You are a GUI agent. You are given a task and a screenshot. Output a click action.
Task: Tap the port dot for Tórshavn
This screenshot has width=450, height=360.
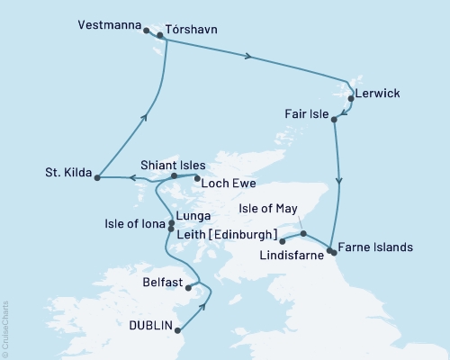161,36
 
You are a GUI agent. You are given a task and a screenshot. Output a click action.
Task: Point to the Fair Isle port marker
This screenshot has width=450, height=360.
334,118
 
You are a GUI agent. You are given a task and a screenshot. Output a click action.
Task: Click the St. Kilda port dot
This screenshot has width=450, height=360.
96,176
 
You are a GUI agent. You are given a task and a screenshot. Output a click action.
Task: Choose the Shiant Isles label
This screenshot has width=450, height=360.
174,166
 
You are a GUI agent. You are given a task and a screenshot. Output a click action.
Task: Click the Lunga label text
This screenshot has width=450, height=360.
195,217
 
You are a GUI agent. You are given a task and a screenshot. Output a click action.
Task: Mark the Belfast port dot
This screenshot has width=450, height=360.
187,289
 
